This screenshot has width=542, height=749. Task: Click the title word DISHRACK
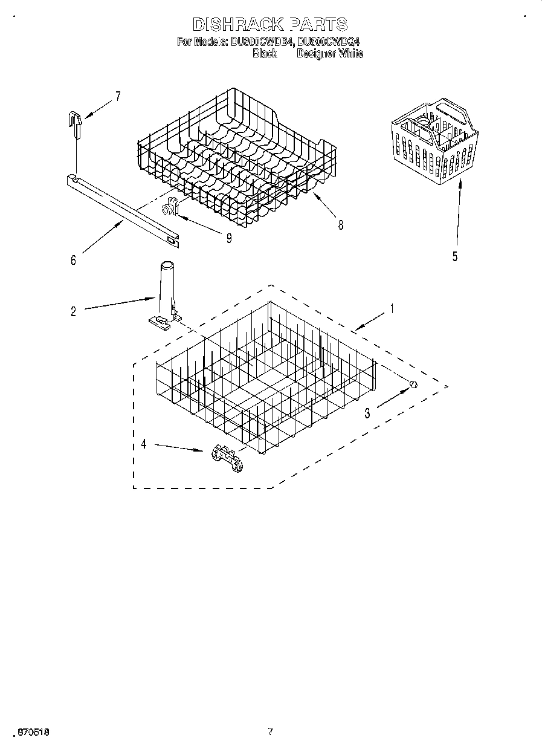237,25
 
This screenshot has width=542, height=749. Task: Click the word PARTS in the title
319,25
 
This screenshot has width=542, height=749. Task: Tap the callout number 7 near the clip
118,96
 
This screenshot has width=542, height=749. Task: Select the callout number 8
340,225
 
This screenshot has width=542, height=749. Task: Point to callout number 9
229,238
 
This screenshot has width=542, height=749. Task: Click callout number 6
73,260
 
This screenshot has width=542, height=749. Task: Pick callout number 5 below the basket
454,256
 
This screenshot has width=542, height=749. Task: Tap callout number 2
73,312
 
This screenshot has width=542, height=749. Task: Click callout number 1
392,309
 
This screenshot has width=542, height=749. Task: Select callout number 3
367,414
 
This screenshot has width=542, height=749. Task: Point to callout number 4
144,444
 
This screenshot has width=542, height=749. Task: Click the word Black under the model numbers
265,54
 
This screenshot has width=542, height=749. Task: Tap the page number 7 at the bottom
270,731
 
